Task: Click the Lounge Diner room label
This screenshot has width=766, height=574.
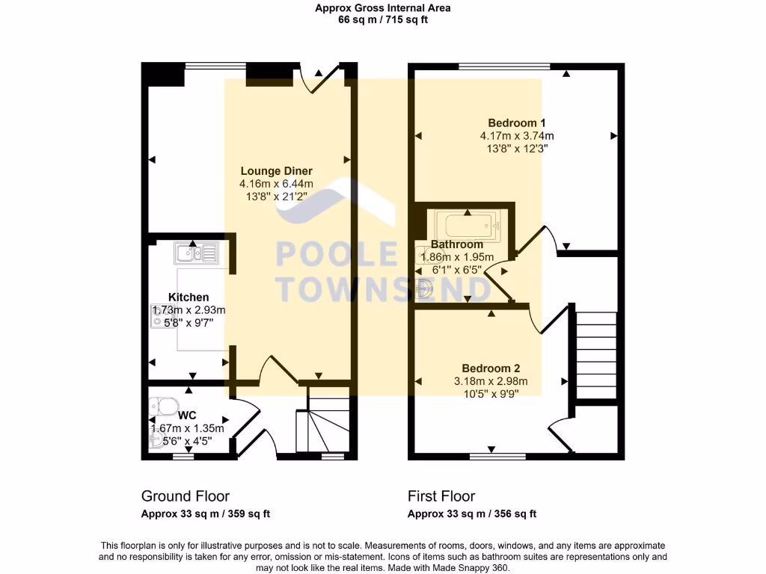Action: point(276,171)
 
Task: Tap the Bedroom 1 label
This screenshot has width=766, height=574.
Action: point(516,123)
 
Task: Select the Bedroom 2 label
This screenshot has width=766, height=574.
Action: point(490,368)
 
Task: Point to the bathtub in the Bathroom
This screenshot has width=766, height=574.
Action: point(468,223)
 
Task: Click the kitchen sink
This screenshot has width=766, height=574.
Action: point(196,254)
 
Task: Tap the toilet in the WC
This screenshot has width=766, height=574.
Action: point(164,406)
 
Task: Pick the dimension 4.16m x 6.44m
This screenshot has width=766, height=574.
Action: point(276,184)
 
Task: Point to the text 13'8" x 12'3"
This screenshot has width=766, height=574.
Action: point(516,149)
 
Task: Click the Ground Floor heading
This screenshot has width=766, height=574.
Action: point(185,496)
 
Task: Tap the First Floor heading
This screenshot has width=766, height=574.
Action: point(441,496)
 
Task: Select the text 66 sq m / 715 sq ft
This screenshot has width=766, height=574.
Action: point(382,20)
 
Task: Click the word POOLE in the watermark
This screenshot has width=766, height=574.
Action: point(337,255)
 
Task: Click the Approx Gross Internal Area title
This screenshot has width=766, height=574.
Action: point(382,8)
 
